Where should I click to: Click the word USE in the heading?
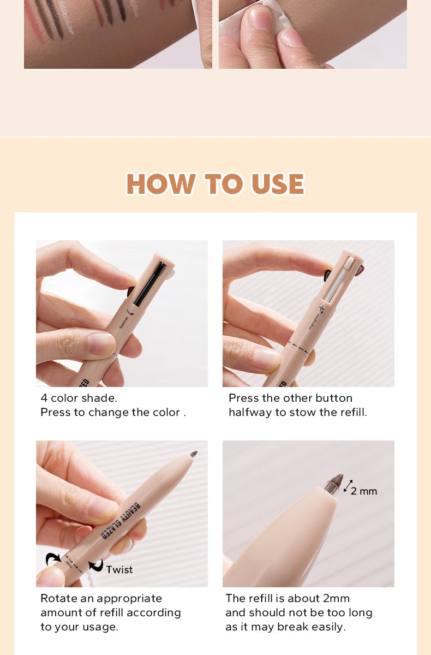277,184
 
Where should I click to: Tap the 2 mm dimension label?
363,491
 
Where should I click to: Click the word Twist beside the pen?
119,570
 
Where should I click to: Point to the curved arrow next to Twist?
96,566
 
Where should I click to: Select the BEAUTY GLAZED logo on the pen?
121,521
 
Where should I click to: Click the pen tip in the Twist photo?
193,454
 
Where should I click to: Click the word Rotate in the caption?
58,599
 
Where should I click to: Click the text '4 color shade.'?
79,398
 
